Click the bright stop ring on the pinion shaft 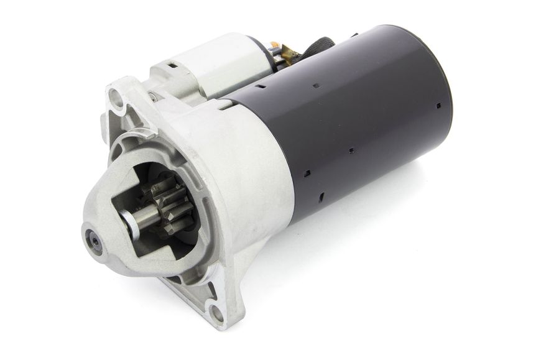(129, 220)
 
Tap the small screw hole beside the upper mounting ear (151, 95)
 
